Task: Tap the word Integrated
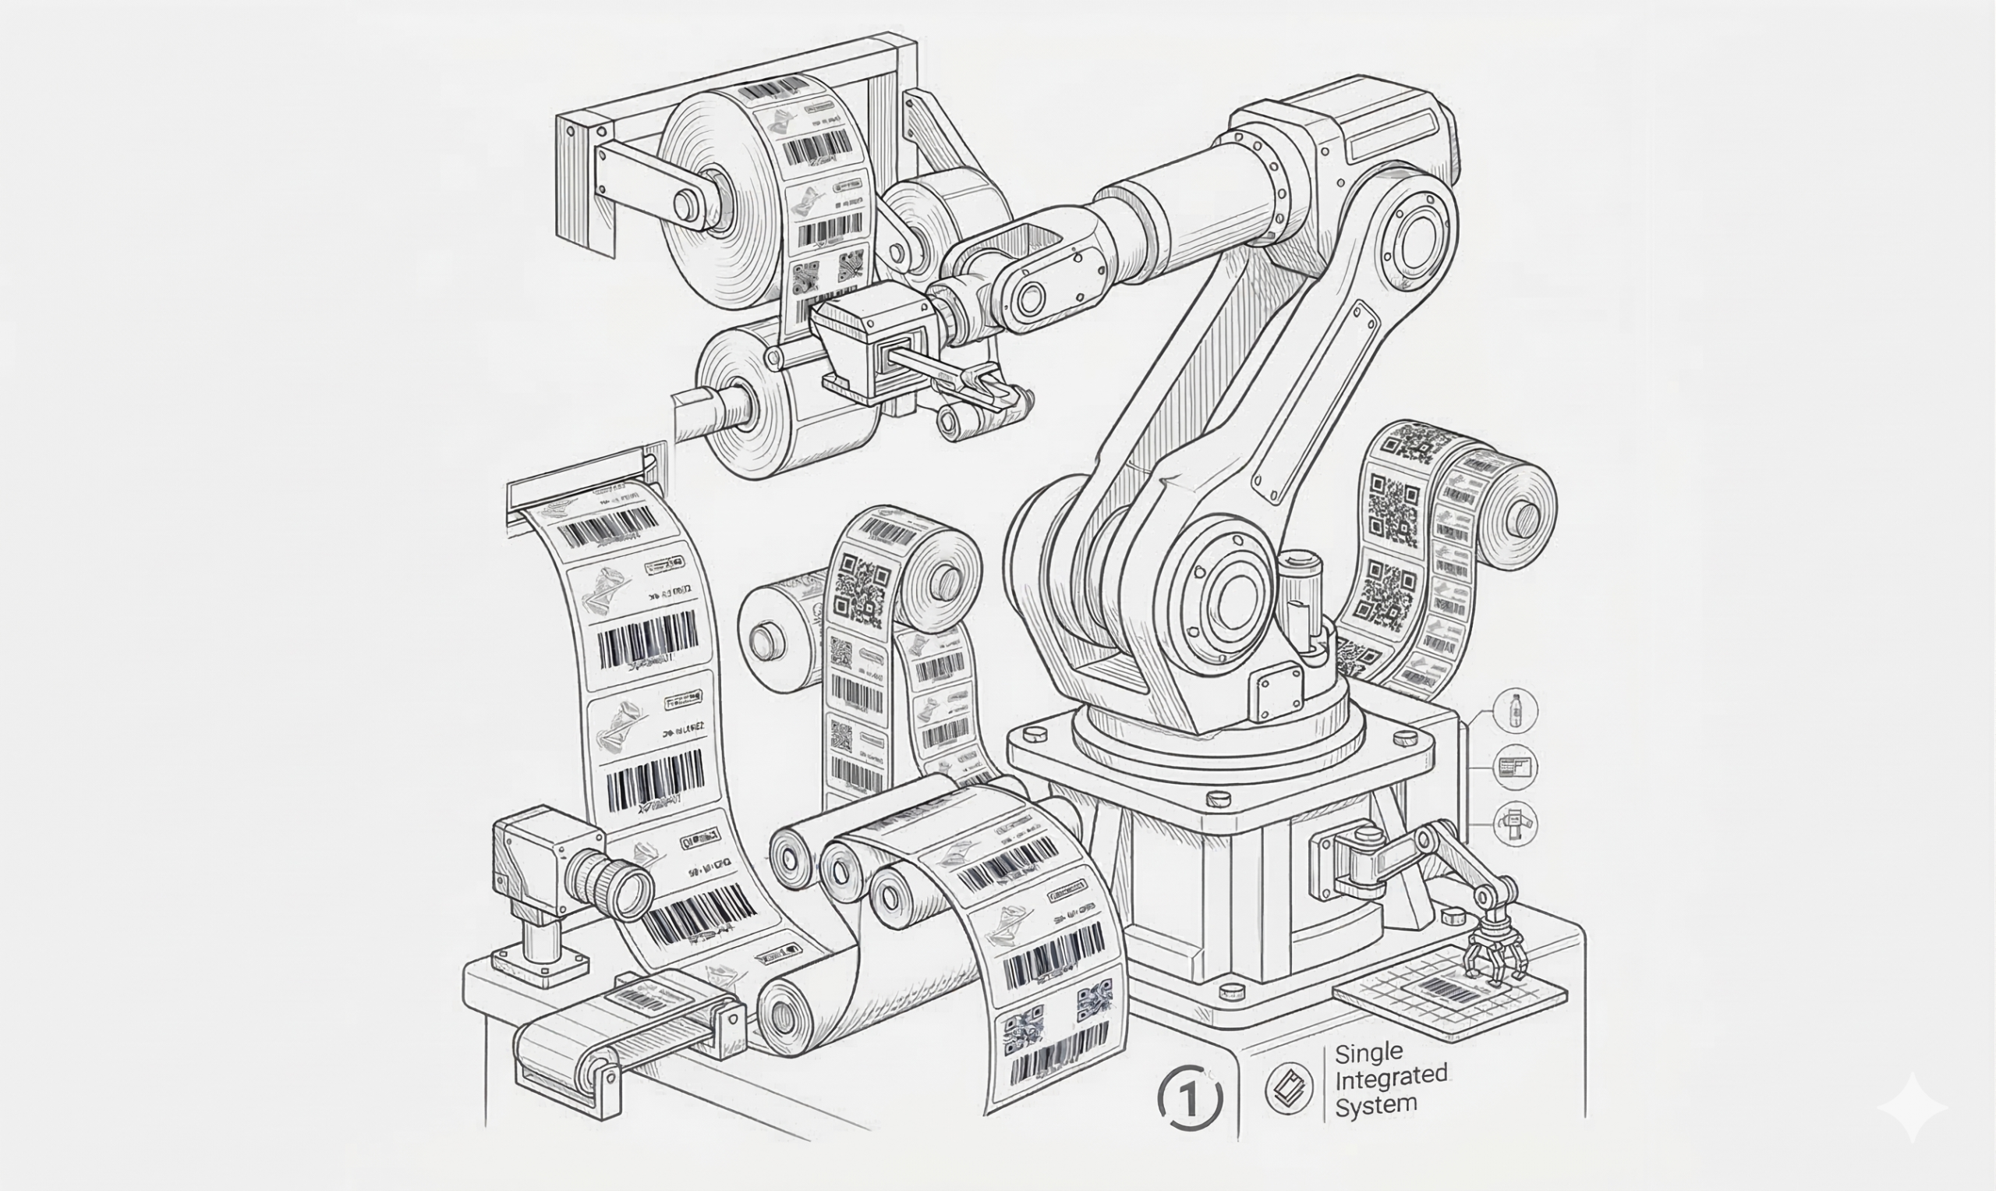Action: pos(1390,1077)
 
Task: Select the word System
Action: pos(1375,1104)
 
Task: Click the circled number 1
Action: pos(1190,1098)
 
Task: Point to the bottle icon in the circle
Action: pos(1515,711)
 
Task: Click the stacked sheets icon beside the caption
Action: pos(1288,1089)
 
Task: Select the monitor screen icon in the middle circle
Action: pos(1515,767)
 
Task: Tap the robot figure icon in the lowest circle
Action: pos(1515,824)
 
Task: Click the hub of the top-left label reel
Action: pos(688,205)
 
